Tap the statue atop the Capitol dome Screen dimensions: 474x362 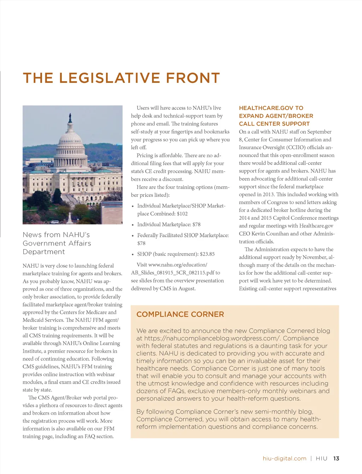point(70,117)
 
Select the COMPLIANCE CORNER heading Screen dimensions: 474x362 point(180,314)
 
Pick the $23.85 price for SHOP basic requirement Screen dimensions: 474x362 point(207,254)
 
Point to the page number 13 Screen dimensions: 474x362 point(336,458)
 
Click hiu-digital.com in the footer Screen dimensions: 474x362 point(284,458)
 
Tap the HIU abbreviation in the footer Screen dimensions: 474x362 point(321,458)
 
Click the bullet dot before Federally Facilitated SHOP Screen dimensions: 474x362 point(133,236)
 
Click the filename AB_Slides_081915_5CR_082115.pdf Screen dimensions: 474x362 point(173,273)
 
